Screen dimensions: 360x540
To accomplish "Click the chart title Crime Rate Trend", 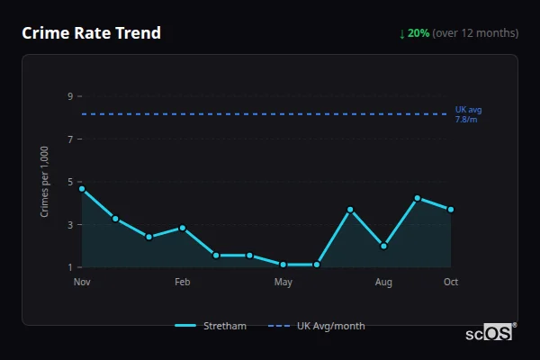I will point(92,33).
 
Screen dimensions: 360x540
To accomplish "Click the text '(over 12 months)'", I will point(475,33).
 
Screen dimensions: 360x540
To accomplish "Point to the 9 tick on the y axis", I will point(69,96).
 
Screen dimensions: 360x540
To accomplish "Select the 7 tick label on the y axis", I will point(69,139).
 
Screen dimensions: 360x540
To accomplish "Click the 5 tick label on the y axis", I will point(69,182).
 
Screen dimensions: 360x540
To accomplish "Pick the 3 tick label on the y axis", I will point(69,225).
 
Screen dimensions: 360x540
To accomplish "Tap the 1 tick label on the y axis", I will point(69,267).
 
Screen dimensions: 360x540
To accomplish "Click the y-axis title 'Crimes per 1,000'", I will point(45,182).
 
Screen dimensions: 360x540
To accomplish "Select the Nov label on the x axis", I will point(82,283).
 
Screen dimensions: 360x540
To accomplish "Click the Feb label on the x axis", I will point(183,283).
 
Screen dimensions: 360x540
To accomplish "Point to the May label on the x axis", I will point(283,283).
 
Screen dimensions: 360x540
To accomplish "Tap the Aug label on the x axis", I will point(383,283).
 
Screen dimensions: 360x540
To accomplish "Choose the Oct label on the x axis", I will point(451,283).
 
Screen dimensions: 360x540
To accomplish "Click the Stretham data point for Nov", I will point(82,189).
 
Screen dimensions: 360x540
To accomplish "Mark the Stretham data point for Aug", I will point(383,246).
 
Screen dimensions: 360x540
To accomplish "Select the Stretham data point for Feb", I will point(183,228).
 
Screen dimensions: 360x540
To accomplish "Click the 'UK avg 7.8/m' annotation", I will point(468,114).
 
